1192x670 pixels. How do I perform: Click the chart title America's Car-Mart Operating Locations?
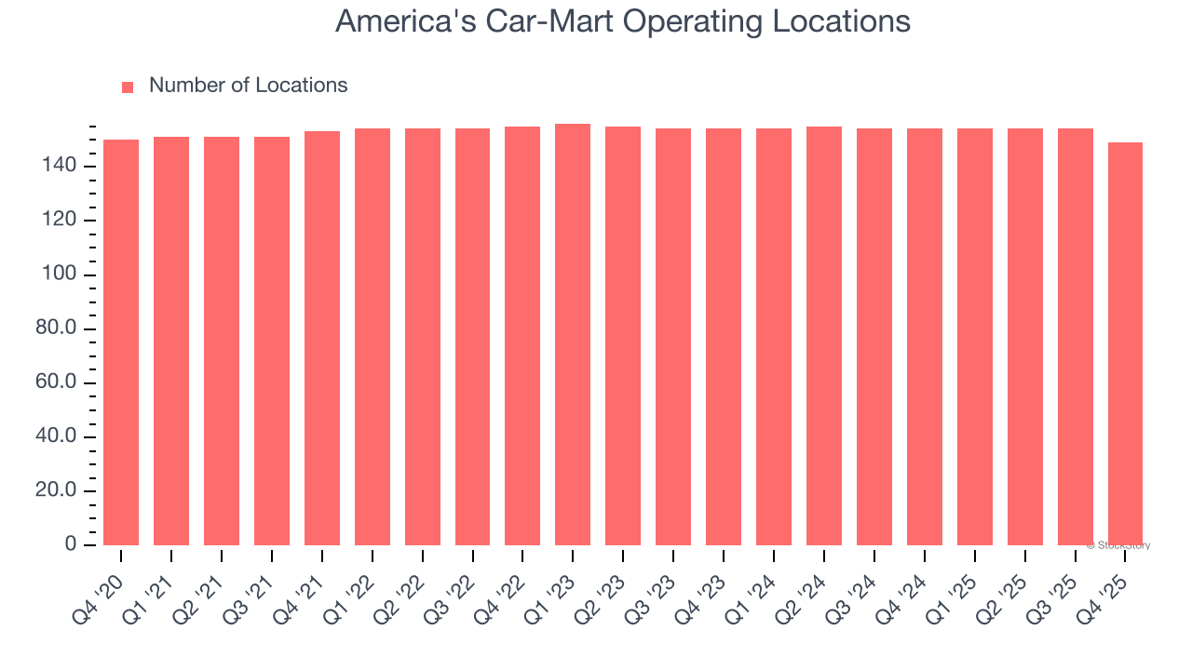tap(622, 21)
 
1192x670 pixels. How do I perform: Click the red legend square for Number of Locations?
tap(128, 87)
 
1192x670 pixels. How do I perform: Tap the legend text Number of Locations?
tap(248, 86)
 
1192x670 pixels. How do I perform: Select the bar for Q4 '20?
tap(121, 342)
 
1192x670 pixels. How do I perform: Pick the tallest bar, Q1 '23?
tap(573, 335)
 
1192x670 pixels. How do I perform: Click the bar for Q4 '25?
tap(1125, 344)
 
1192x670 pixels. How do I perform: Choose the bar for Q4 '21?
tap(322, 339)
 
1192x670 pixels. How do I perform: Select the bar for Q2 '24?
tap(824, 336)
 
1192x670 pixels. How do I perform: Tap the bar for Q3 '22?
tap(472, 337)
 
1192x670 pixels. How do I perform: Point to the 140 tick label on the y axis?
tap(58, 167)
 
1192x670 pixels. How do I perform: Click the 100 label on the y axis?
tap(58, 275)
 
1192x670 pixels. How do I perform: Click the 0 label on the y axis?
tap(71, 545)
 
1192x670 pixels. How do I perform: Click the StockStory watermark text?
tap(1118, 546)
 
